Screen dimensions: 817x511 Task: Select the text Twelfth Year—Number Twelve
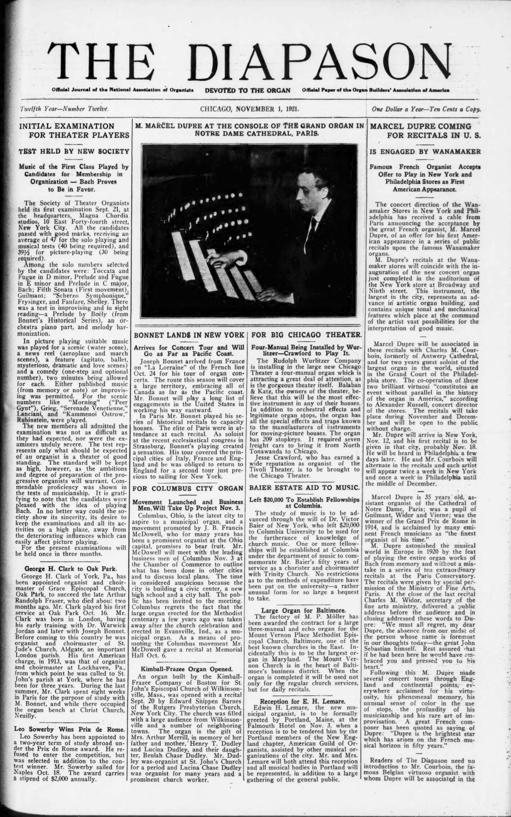(64, 109)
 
